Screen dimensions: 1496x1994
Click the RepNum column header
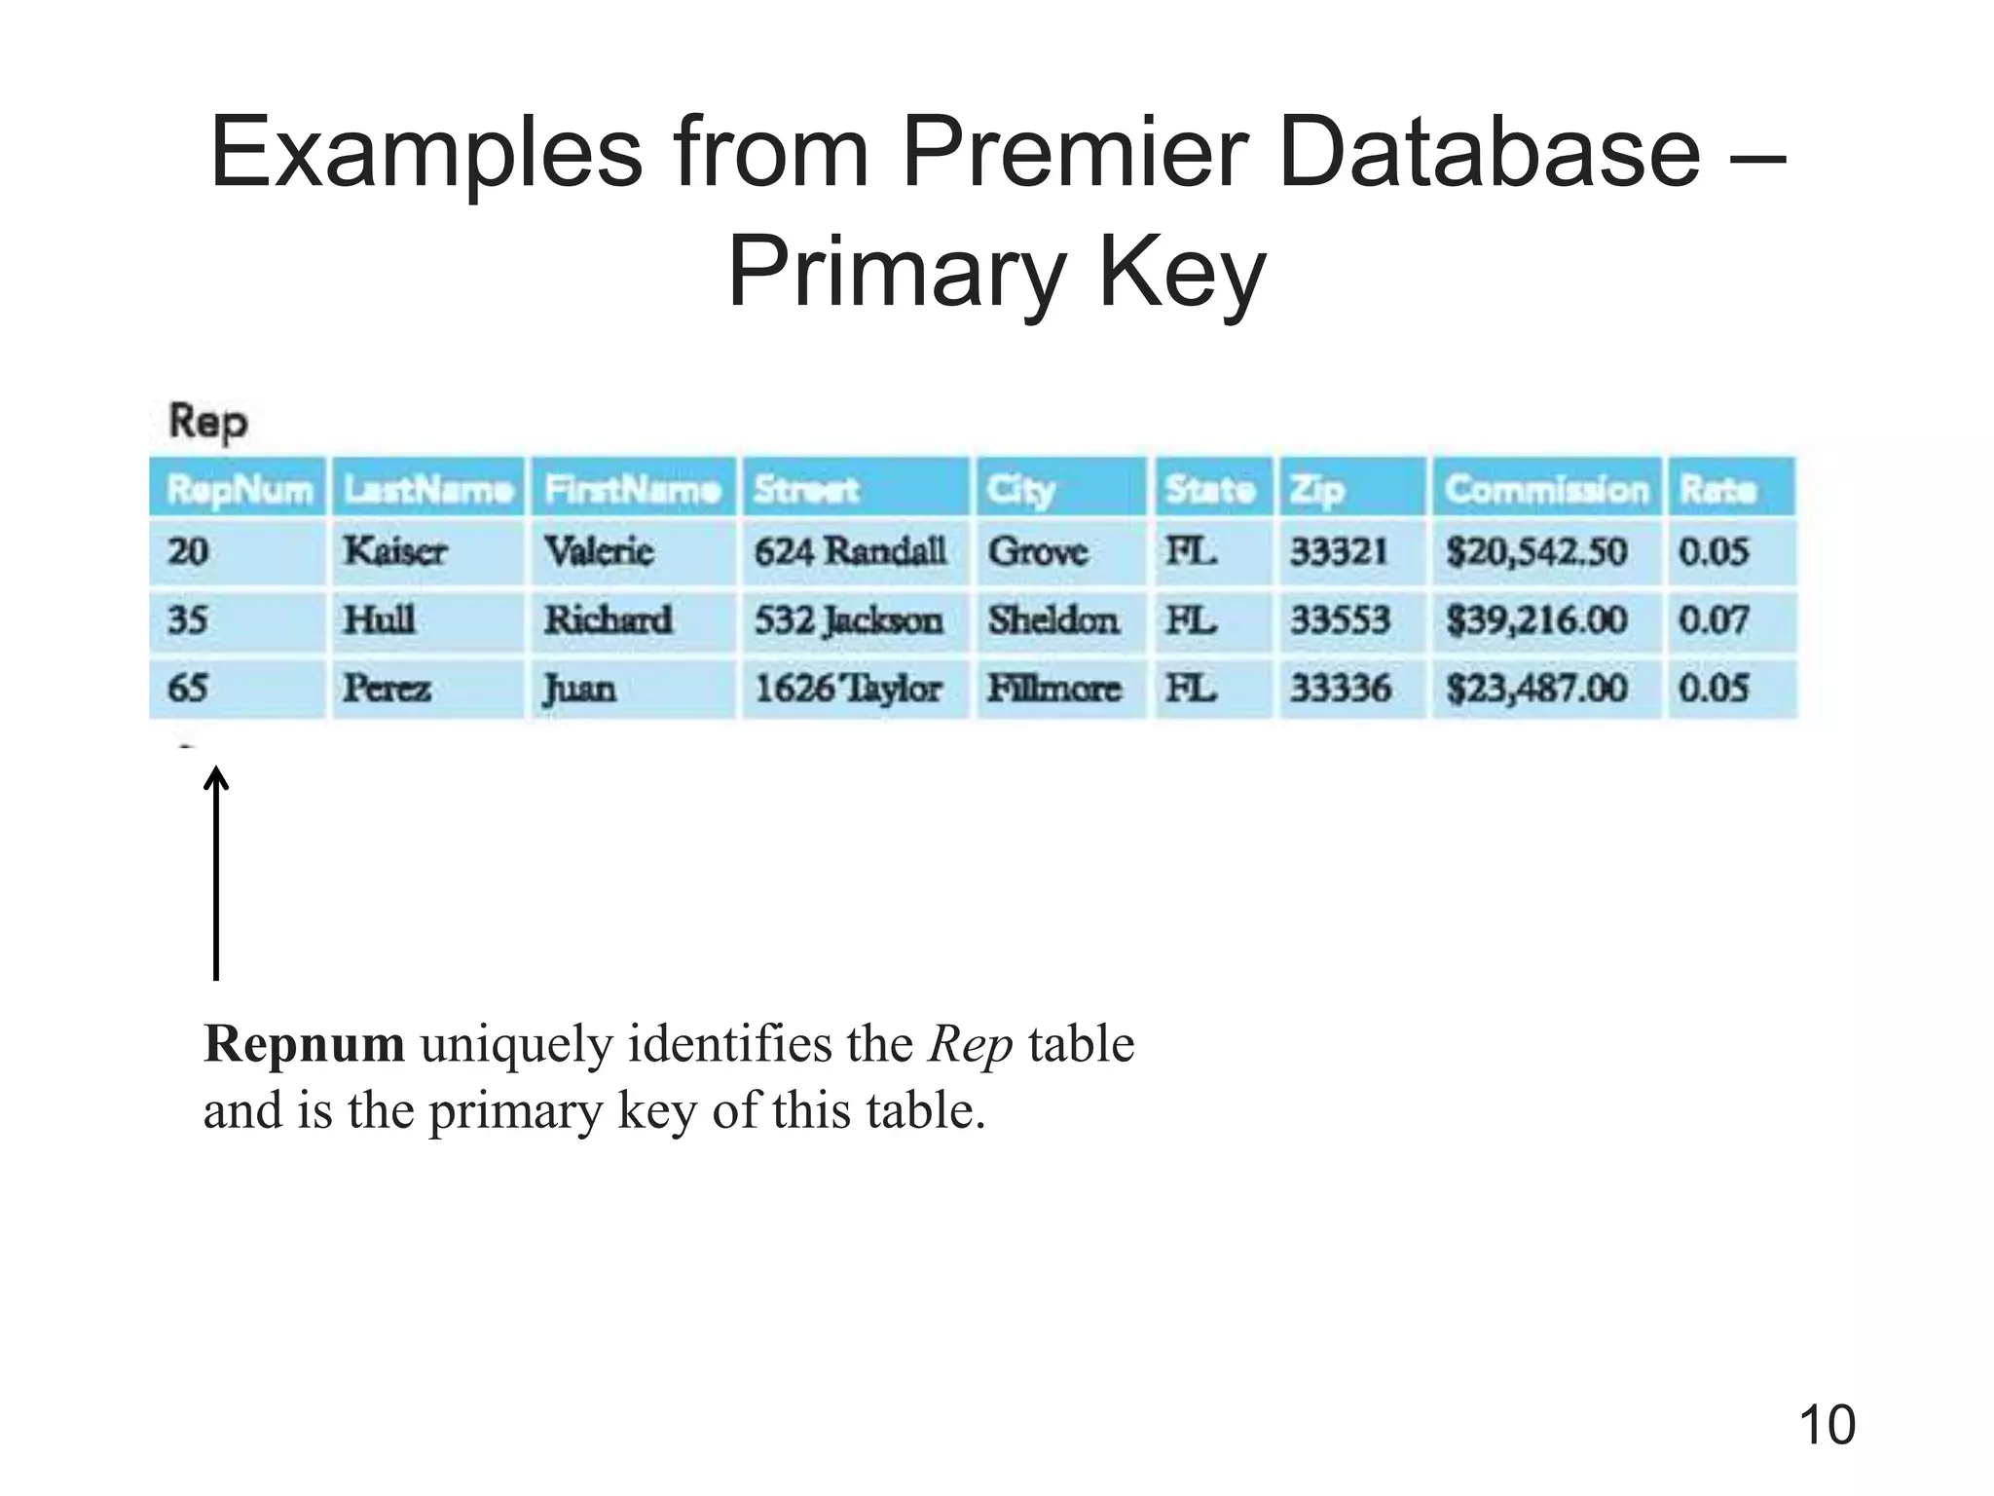point(239,488)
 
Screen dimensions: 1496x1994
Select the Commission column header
point(1546,488)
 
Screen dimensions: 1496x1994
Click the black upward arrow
point(216,872)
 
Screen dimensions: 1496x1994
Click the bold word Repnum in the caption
point(304,1044)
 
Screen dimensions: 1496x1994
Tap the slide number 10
point(1827,1426)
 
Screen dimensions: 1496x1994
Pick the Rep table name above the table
point(208,422)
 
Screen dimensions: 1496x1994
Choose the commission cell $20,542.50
point(1536,552)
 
